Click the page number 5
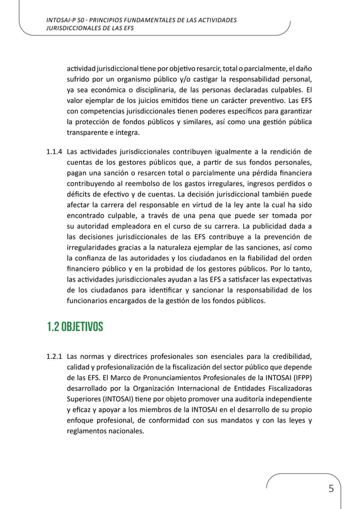[x=331, y=488]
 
